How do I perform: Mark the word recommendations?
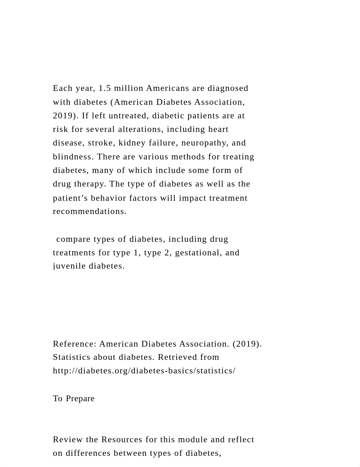(x=89, y=211)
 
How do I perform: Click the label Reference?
(x=75, y=344)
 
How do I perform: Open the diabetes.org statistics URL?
(x=144, y=371)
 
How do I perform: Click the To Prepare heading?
(x=74, y=398)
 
